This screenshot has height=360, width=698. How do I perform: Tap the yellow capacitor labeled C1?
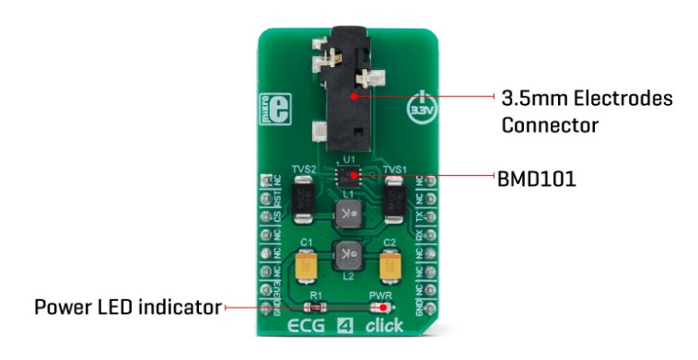[x=306, y=266]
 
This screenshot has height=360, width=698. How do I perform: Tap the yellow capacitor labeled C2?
[x=391, y=266]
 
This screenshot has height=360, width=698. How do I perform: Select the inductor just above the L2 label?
[x=348, y=252]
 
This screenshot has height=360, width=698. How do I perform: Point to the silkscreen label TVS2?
[x=305, y=170]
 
